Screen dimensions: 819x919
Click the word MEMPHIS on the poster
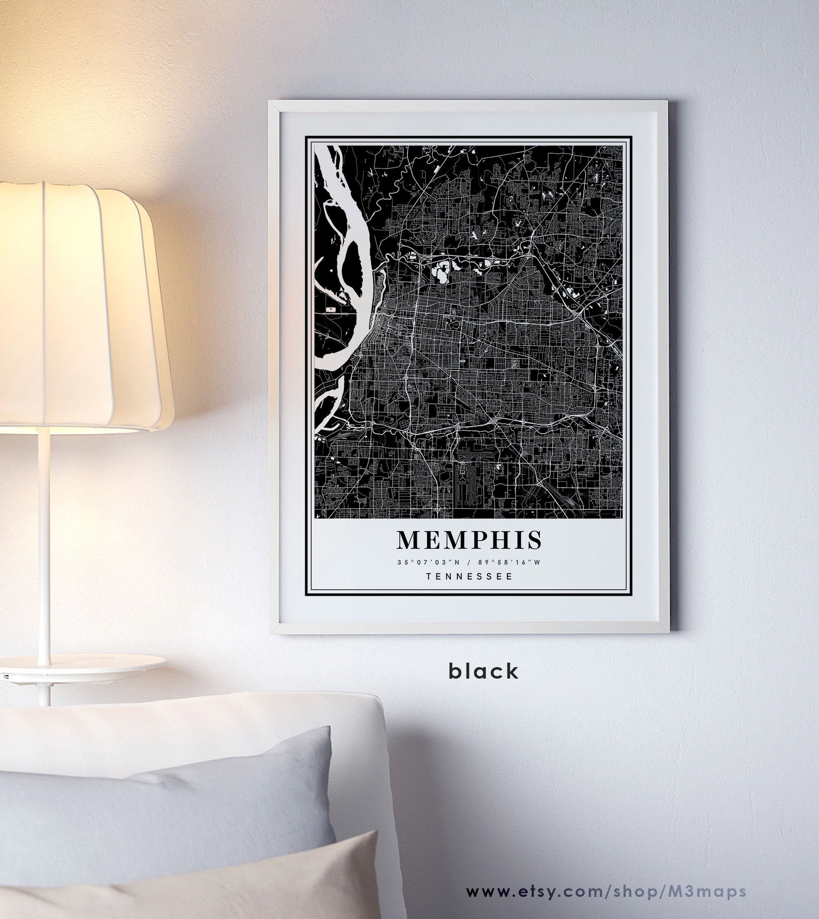coord(469,539)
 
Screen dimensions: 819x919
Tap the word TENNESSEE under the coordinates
coord(469,577)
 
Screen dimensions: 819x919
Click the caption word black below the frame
coord(483,671)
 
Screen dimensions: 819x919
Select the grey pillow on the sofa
coord(170,805)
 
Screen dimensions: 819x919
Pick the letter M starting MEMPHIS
coord(409,539)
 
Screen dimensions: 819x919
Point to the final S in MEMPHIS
coord(534,539)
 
